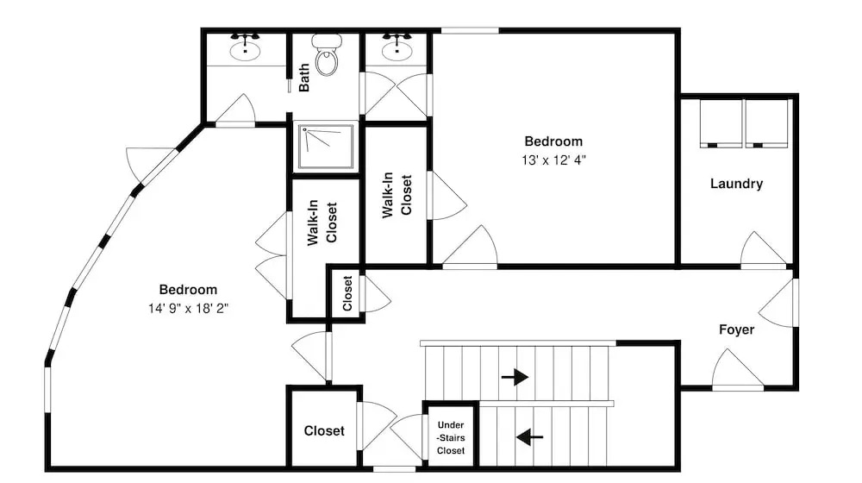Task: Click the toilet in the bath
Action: point(327,54)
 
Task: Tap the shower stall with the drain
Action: point(326,147)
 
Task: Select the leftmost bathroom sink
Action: point(245,47)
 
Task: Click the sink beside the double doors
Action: point(397,47)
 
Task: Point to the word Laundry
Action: point(736,184)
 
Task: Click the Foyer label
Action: point(736,329)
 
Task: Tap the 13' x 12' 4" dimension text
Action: point(553,160)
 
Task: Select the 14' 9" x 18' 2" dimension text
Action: point(188,308)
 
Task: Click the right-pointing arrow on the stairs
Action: point(515,378)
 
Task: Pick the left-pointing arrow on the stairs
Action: point(529,437)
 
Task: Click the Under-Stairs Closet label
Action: point(451,437)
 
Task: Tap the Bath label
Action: point(304,77)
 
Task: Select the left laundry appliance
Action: point(721,123)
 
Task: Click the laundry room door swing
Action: point(763,249)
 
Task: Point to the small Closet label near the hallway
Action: point(347,293)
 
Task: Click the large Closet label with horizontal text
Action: point(324,430)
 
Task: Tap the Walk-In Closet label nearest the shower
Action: point(322,223)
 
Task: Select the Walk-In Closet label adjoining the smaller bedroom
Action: point(397,195)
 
